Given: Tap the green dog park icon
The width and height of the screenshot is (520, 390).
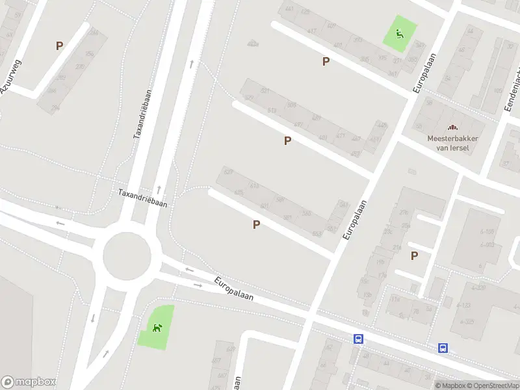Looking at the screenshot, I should [156, 327].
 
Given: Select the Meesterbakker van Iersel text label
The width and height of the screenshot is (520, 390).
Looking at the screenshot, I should [448, 142].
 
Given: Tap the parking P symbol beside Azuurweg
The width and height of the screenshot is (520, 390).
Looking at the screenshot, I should [59, 45].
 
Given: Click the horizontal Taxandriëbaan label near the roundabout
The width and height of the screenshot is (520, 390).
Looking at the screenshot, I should [142, 198].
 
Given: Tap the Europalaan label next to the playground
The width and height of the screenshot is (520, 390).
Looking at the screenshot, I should [426, 65].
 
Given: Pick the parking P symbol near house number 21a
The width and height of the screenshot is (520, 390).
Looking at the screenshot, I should [414, 255].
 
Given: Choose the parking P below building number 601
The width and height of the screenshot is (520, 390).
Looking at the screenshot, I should [257, 224].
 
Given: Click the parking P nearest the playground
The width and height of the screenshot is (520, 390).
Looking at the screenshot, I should [326, 61].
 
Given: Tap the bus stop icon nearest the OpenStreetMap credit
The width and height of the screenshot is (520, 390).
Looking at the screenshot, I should [443, 348].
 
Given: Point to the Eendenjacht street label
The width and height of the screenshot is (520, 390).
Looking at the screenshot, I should [512, 91].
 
